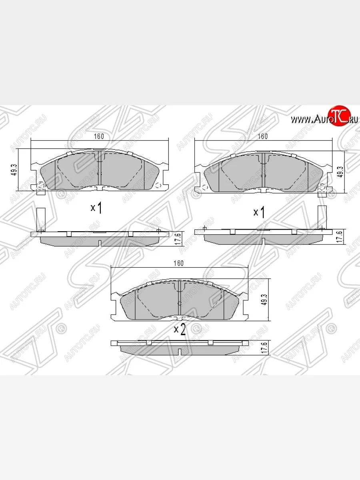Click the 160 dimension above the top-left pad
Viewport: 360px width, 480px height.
coord(99,136)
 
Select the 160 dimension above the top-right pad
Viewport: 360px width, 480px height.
coord(263,136)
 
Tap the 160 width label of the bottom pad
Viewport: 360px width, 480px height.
coord(178,263)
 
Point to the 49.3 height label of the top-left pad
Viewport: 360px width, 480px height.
coord(15,170)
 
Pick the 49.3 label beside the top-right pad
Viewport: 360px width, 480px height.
coord(341,172)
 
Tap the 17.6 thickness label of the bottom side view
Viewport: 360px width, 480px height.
coord(264,348)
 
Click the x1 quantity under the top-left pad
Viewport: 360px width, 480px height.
coord(96,208)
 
